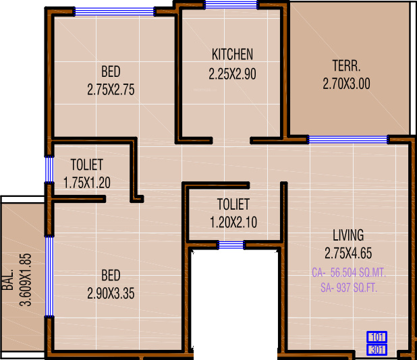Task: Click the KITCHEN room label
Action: [232, 55]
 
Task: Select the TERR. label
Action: [346, 67]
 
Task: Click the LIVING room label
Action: [348, 235]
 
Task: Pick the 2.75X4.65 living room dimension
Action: [348, 253]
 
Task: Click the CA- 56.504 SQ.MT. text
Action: [348, 273]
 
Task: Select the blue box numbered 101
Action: [376, 337]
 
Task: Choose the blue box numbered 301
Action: [376, 349]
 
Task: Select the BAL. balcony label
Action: [9, 280]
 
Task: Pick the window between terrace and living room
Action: [347, 140]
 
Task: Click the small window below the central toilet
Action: [231, 245]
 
